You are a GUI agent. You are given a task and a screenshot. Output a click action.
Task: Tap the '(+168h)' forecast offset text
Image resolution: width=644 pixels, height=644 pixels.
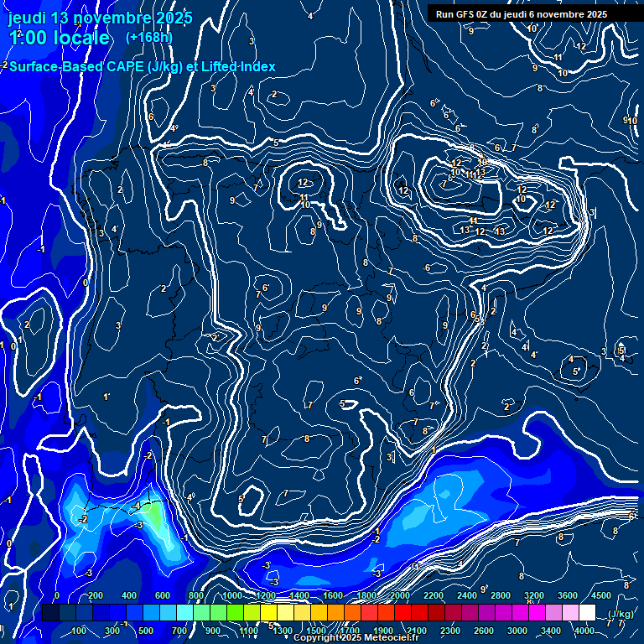pyautogui.click(x=148, y=38)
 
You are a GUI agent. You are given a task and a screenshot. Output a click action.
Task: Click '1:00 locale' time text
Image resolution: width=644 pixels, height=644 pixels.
pyautogui.click(x=59, y=39)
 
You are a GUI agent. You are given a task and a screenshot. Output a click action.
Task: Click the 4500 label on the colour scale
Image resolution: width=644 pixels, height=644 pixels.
pyautogui.click(x=600, y=595)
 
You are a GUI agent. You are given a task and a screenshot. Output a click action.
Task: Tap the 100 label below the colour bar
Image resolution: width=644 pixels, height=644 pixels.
pyautogui.click(x=79, y=631)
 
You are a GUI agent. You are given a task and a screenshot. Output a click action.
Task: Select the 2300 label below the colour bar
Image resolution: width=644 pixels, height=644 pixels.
pyautogui.click(x=449, y=631)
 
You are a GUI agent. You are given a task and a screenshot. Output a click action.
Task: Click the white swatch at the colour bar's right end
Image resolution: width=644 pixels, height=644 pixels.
pyautogui.click(x=587, y=614)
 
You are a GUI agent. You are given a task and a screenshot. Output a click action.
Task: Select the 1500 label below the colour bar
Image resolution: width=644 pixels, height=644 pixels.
pyautogui.click(x=316, y=631)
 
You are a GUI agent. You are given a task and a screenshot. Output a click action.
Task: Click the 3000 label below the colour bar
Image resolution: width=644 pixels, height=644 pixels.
pyautogui.click(x=517, y=631)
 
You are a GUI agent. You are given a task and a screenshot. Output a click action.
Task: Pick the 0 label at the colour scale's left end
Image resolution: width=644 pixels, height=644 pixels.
pyautogui.click(x=56, y=595)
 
